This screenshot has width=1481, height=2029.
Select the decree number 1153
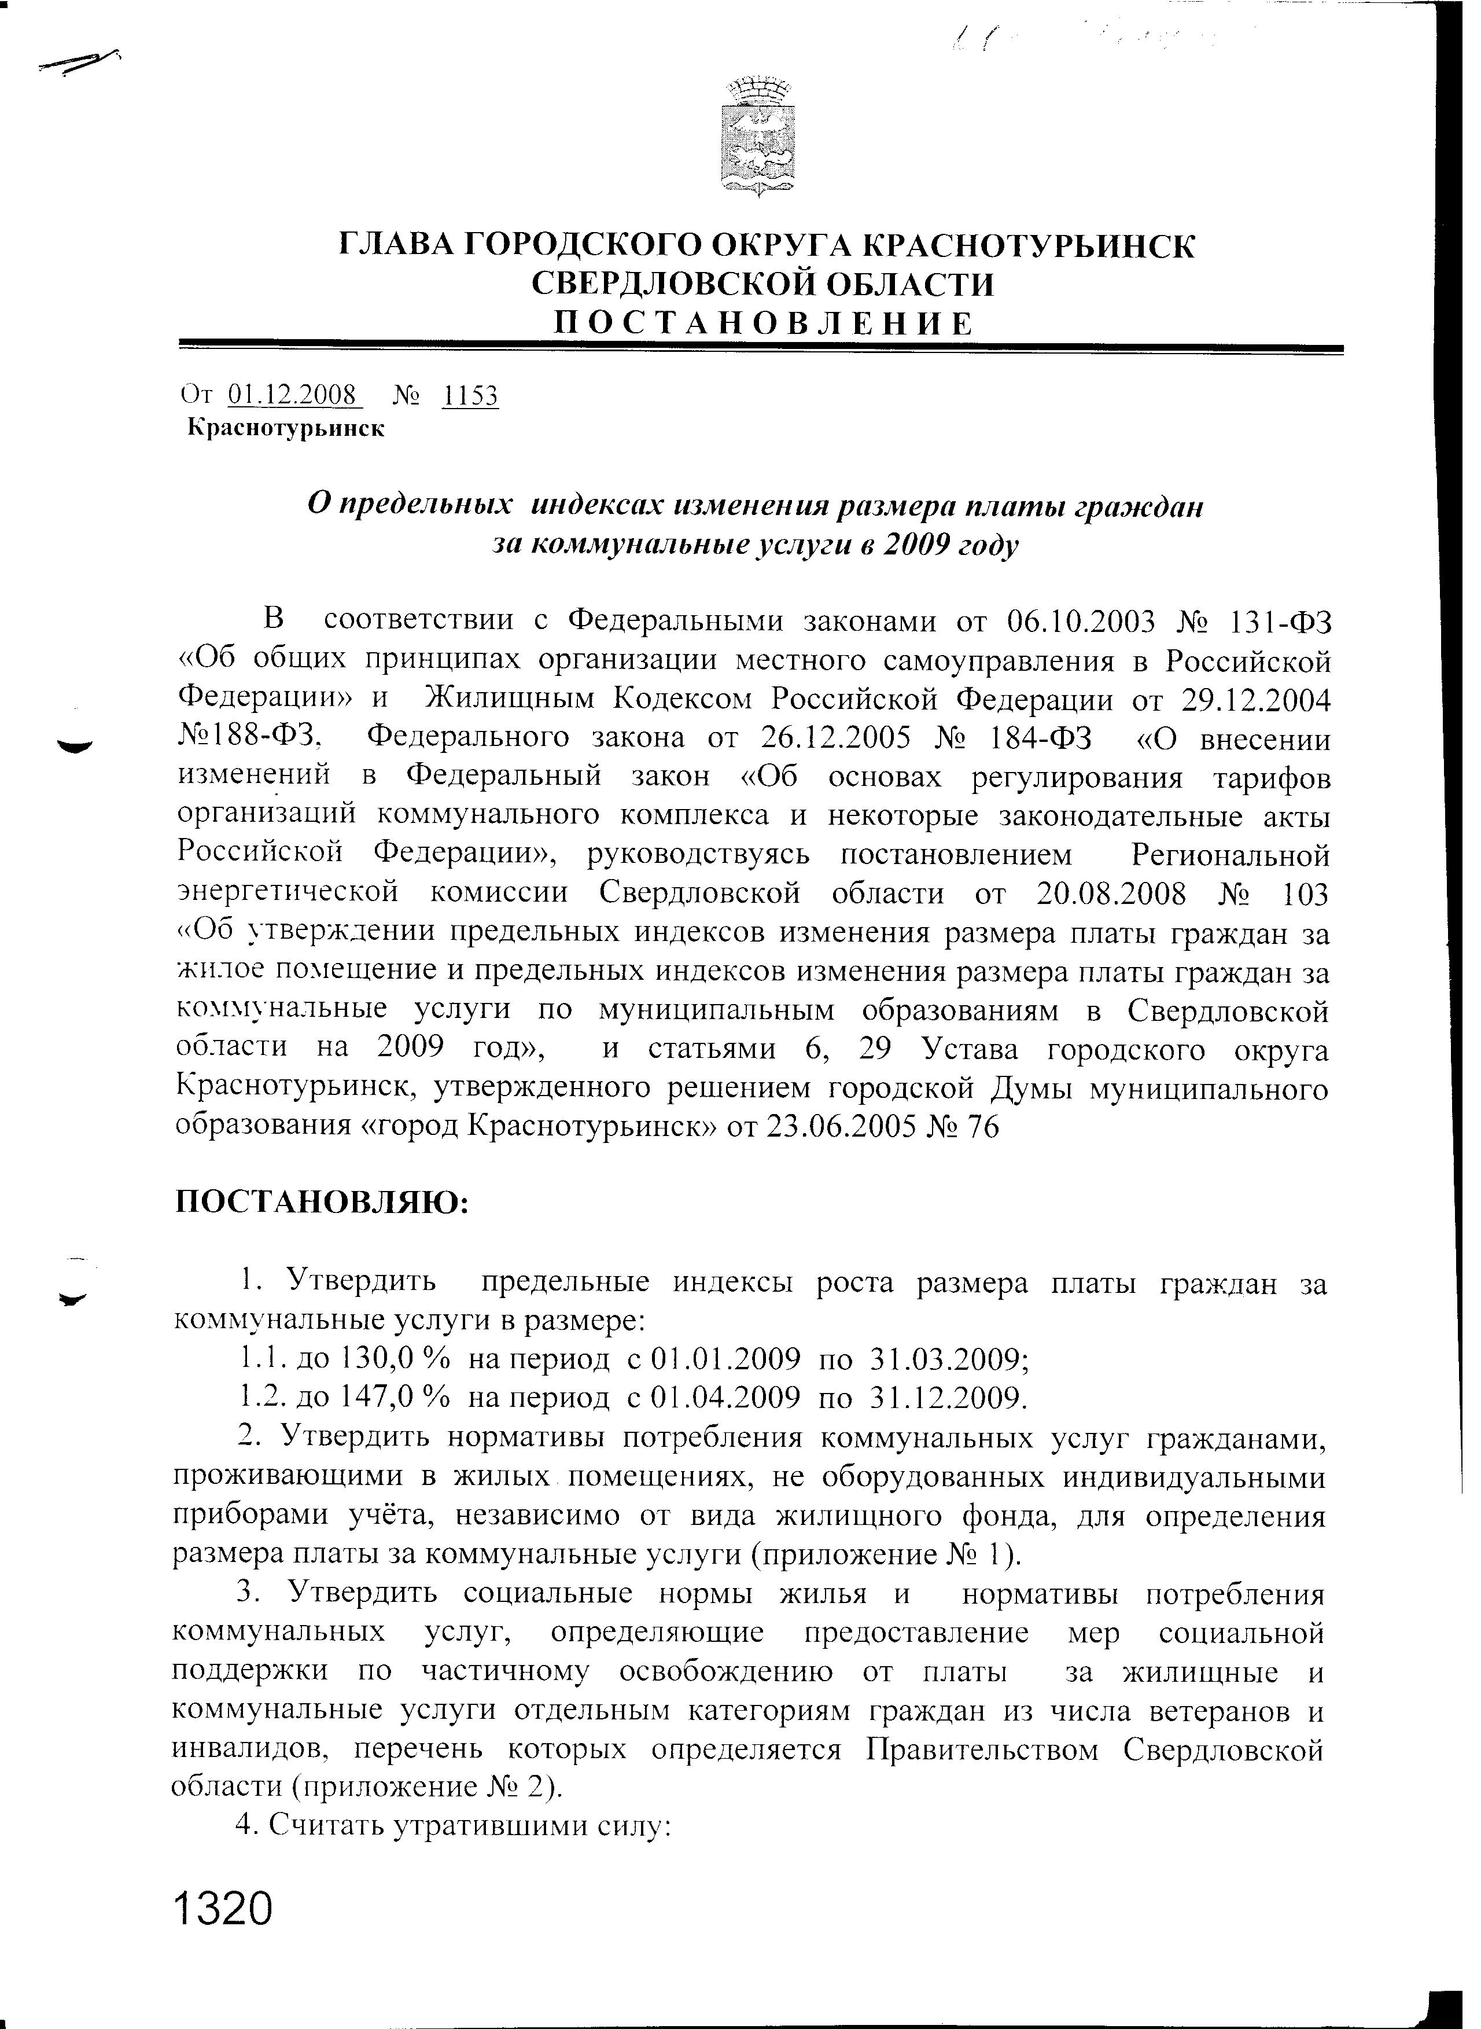470,395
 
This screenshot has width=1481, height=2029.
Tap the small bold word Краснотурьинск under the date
286,429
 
